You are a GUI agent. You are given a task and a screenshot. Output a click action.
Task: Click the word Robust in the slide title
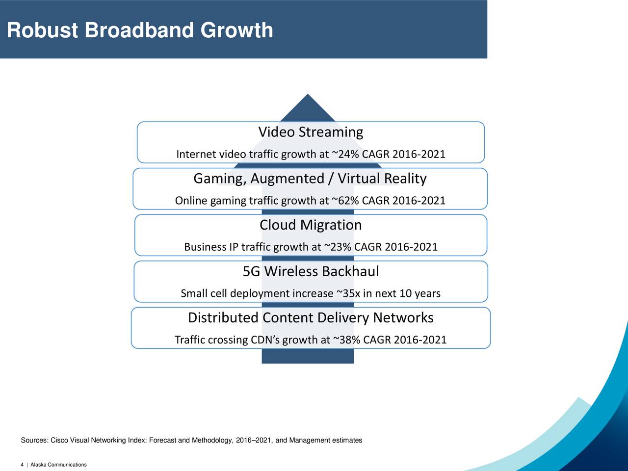click(x=42, y=30)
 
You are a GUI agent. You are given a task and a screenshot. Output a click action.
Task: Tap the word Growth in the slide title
click(x=236, y=30)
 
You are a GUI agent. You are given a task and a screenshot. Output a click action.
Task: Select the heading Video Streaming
click(x=311, y=132)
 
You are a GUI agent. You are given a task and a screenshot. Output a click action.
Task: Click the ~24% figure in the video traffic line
click(x=345, y=154)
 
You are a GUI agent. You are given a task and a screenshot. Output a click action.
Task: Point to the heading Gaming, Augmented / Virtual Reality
click(x=310, y=179)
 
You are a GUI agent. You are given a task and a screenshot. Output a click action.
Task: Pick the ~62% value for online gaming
click(x=345, y=201)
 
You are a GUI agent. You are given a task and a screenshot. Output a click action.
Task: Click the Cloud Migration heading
click(x=311, y=225)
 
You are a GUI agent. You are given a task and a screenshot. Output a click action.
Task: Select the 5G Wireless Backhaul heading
click(x=311, y=271)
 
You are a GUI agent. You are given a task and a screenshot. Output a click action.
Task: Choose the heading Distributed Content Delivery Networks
click(x=311, y=317)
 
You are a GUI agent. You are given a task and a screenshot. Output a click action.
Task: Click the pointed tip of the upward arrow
click(x=308, y=94)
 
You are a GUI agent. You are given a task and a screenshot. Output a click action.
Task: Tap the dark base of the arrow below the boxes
click(x=308, y=356)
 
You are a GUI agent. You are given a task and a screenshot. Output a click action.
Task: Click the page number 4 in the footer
click(x=22, y=465)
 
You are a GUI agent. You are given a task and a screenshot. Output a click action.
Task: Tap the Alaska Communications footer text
click(x=59, y=465)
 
